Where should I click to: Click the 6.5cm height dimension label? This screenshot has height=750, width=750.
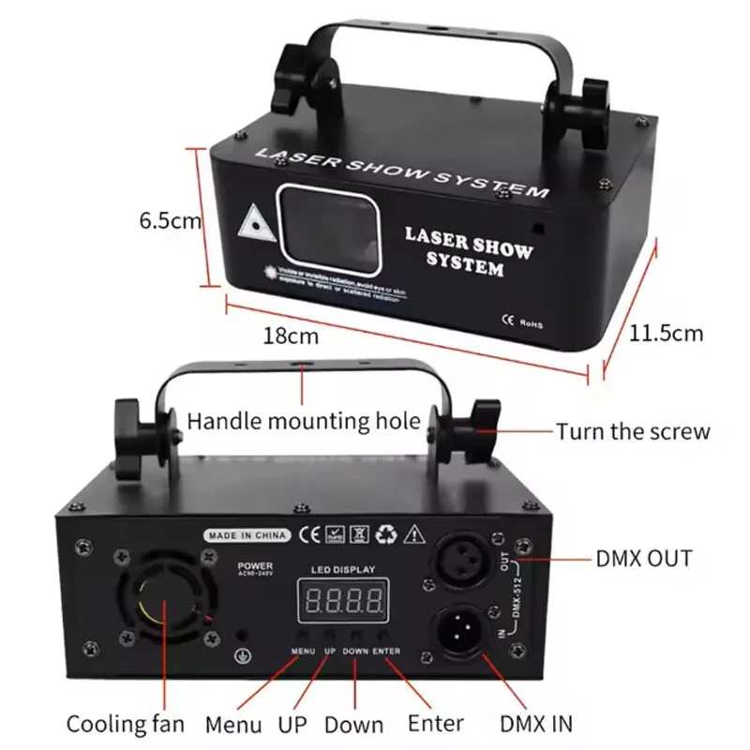(171, 221)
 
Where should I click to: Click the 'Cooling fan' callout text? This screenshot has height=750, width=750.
(125, 724)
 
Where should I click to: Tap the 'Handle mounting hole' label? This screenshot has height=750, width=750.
(304, 420)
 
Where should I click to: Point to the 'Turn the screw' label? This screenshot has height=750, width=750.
(633, 431)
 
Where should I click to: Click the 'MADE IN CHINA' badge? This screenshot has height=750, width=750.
(249, 535)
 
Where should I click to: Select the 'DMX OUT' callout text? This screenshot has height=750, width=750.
(644, 559)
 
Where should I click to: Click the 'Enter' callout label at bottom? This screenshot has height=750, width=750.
(436, 722)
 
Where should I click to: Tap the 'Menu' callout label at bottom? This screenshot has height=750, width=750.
(234, 724)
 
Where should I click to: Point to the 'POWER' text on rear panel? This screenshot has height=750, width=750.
(255, 566)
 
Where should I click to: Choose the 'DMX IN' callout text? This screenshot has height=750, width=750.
(537, 723)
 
